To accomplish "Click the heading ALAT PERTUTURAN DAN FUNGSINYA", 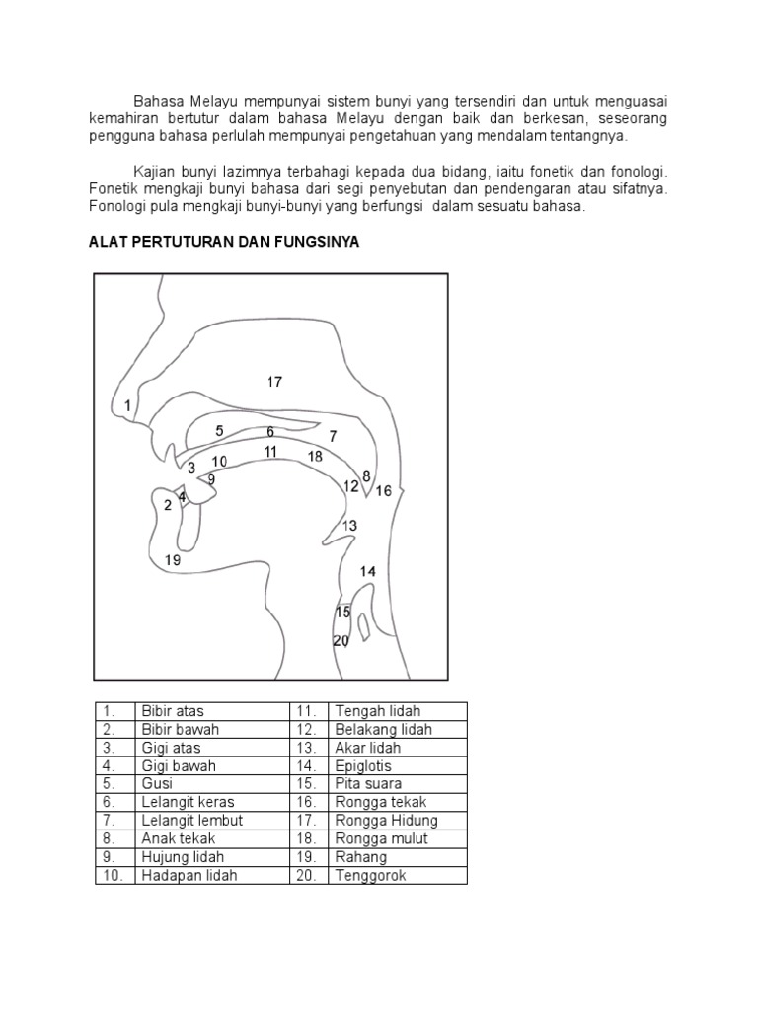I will [224, 242].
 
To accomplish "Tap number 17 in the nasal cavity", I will [274, 381].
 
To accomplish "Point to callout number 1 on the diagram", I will [127, 404].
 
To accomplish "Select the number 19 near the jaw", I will [173, 560].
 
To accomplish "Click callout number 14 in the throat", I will [368, 571].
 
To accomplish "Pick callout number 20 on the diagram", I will [341, 640].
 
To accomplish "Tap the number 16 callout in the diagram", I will [383, 490].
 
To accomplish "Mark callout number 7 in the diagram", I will [334, 436].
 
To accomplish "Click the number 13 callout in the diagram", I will [349, 526].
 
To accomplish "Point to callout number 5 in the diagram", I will [220, 430].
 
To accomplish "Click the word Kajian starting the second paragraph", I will [155, 171].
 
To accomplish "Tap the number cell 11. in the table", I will [305, 711].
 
